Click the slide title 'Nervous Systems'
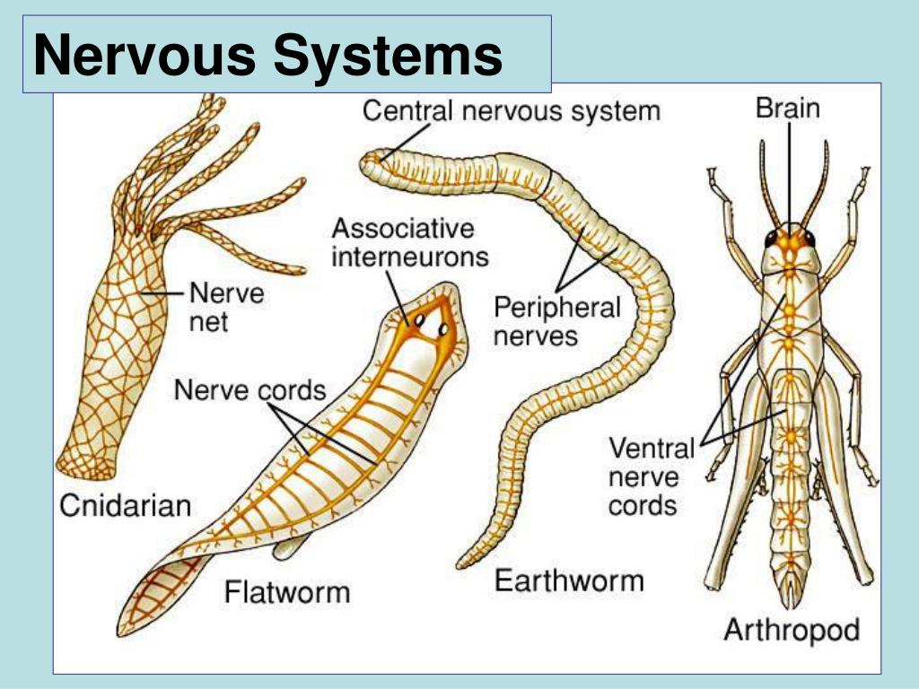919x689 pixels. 267,55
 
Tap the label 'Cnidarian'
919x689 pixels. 126,504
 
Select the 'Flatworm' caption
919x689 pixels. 287,592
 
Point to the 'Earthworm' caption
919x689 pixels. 569,580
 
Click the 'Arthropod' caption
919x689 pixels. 791,629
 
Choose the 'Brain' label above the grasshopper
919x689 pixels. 787,109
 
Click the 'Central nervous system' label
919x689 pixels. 511,111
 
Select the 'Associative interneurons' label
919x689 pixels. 409,242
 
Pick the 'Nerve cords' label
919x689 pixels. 249,390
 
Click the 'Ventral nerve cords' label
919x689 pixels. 652,475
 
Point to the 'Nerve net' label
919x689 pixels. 226,307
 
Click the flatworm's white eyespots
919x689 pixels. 430,324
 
